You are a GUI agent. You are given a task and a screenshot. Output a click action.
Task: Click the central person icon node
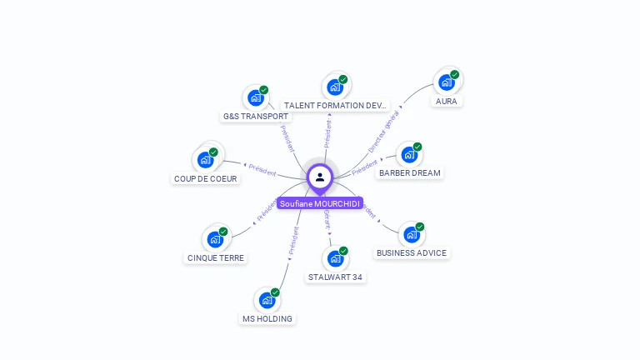pos(319,177)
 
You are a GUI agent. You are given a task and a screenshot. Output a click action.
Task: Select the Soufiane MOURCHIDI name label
pos(320,203)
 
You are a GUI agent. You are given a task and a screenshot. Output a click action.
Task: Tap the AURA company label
pos(446,102)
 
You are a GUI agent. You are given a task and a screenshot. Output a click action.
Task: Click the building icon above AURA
pos(447,82)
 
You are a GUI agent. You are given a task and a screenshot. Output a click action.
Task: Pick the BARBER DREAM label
pos(409,173)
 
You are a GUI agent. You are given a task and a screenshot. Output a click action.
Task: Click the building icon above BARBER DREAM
pos(408,154)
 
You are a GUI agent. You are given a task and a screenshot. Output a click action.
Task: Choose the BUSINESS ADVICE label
pos(412,253)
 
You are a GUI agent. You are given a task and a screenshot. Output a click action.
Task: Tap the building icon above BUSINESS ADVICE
pos(411,234)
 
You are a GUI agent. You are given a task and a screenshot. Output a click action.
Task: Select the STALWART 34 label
pos(334,277)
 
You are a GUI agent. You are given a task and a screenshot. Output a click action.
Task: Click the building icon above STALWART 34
pos(334,258)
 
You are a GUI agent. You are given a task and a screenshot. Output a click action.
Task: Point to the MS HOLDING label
pos(267,319)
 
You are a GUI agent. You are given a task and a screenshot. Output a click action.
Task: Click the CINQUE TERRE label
pos(216,258)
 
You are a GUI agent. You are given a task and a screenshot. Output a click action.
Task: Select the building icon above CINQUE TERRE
pos(215,239)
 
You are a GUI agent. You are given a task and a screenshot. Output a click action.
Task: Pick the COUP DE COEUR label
pos(206,179)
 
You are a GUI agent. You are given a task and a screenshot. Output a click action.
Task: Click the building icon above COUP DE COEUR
pos(205,160)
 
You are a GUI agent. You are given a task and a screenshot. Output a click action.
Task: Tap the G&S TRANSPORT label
pos(256,117)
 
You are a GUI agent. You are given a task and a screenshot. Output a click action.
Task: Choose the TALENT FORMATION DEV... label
pos(335,106)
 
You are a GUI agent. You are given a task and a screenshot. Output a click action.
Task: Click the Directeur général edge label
pos(384,129)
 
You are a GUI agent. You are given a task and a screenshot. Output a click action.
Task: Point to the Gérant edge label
pos(327,220)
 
